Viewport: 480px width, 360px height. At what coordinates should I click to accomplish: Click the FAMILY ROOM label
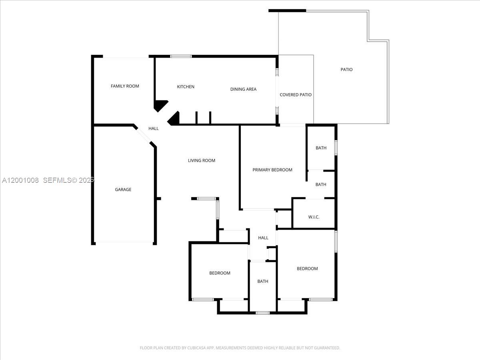click(125, 86)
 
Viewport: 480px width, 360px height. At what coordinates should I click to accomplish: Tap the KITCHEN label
click(186, 87)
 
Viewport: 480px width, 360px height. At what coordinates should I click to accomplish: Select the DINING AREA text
click(243, 89)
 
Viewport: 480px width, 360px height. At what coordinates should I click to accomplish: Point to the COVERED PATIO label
click(296, 95)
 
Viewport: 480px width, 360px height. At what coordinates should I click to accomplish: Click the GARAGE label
click(123, 190)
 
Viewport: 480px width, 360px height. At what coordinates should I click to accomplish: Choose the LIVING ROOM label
click(202, 160)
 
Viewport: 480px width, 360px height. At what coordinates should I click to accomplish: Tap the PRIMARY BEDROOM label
click(272, 170)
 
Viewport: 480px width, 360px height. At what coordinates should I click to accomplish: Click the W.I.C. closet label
click(314, 217)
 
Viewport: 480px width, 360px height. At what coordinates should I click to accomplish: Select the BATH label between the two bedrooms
click(263, 282)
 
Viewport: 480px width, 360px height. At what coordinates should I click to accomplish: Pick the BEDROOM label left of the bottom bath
click(220, 273)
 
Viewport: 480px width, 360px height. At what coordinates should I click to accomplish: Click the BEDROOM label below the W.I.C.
click(307, 269)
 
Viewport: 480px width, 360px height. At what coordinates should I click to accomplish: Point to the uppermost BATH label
click(321, 148)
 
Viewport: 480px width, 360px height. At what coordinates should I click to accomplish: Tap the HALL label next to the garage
click(154, 128)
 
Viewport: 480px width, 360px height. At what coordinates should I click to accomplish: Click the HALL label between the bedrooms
click(263, 238)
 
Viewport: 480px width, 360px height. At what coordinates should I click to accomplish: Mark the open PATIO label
click(346, 70)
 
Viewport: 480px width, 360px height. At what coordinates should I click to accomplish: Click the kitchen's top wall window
click(181, 56)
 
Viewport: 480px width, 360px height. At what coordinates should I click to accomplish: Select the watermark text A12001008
click(20, 180)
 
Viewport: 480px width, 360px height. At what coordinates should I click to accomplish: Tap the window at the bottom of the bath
click(262, 312)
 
